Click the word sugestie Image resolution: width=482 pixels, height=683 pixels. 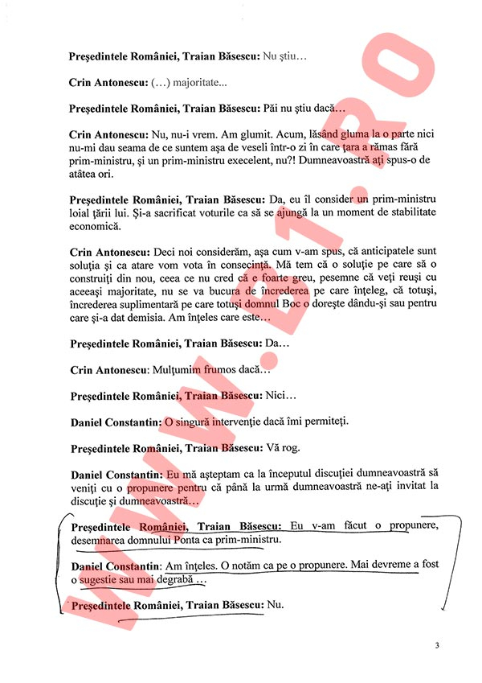(x=104, y=579)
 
